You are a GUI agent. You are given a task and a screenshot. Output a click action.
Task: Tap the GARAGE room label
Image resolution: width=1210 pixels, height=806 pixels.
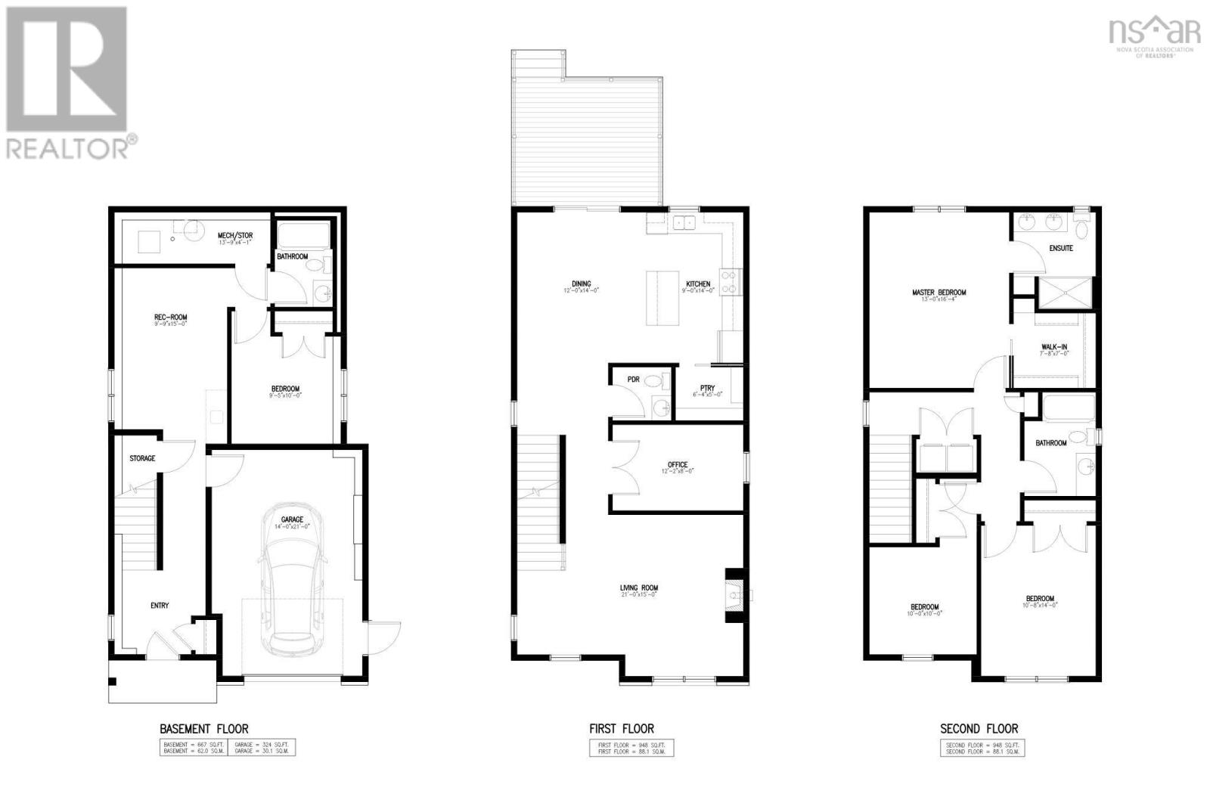[293, 519]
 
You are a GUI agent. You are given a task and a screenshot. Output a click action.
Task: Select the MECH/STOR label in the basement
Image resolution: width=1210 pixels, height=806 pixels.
[234, 236]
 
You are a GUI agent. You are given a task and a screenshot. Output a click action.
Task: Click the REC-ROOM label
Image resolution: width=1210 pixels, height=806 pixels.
[171, 318]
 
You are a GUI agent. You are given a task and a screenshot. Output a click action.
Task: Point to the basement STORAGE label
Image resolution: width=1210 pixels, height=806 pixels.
[142, 458]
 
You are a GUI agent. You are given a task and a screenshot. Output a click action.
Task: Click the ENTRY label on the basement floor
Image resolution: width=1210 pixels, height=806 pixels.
[160, 606]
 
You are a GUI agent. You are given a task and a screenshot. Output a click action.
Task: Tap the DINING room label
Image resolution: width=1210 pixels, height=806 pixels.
[582, 284]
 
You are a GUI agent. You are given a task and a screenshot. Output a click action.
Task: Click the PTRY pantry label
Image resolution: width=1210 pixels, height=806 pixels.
[707, 389]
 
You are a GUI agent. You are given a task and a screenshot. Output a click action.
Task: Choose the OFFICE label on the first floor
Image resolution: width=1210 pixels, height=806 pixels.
[678, 465]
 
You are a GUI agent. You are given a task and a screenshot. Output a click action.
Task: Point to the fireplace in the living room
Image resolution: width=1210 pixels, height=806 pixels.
[734, 595]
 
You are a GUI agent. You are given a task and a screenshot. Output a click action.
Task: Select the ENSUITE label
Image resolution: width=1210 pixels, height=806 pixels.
[1060, 248]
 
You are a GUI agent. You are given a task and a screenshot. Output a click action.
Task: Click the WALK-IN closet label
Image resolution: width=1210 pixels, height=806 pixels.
[1054, 348]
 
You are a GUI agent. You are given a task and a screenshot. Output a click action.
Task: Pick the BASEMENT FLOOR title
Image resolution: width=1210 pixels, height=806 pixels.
[204, 729]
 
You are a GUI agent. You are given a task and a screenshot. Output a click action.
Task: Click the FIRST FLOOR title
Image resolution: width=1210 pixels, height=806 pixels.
[622, 729]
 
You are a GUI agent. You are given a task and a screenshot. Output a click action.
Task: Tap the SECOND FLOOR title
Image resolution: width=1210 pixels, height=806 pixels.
[979, 729]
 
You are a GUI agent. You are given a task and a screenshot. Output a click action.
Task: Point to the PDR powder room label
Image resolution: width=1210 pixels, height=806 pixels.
[633, 380]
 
